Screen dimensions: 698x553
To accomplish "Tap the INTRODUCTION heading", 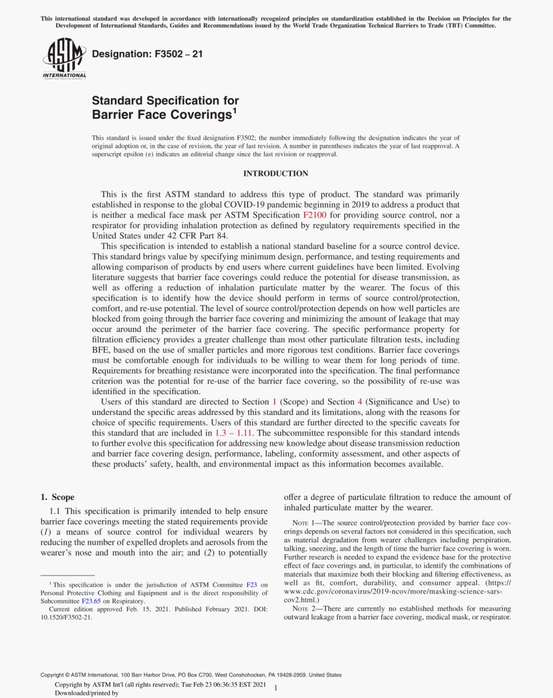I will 276,173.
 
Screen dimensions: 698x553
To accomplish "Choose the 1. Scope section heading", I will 57,497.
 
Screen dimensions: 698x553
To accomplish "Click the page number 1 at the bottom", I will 276,688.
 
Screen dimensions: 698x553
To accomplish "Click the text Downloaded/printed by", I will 86,693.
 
